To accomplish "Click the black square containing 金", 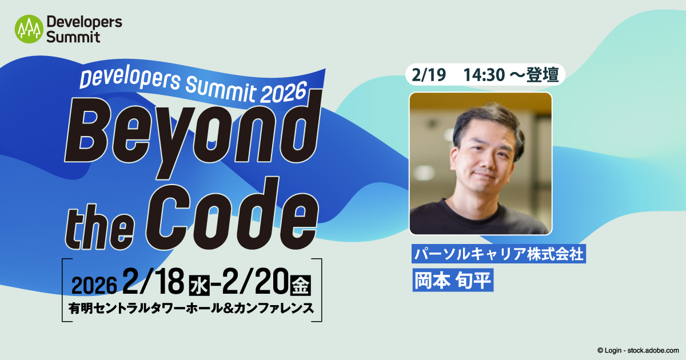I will point(301,284).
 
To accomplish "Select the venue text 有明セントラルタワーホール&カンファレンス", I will point(191,308).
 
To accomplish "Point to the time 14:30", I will point(483,75).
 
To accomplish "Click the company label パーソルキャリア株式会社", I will point(498,254).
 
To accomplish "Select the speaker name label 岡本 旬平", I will point(452,281).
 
